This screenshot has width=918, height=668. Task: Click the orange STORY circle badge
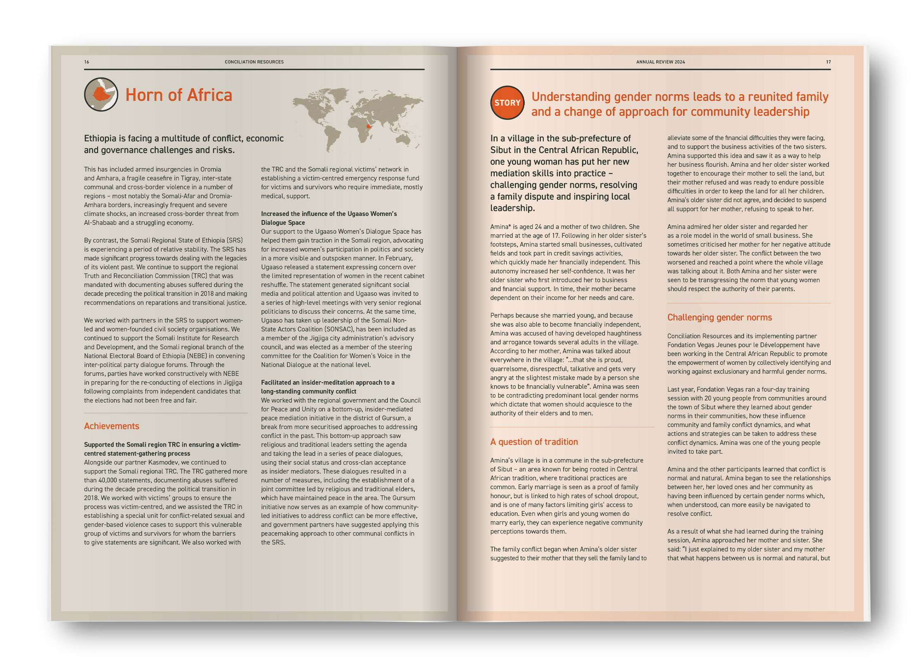coord(507,103)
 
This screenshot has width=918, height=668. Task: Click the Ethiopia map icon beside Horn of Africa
coord(101,94)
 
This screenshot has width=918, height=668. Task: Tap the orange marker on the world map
coord(368,126)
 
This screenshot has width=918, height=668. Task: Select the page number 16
coord(87,62)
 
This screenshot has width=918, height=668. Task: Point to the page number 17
coord(828,62)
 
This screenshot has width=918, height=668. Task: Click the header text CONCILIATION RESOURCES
coord(254,62)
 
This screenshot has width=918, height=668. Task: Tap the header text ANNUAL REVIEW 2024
coord(660,62)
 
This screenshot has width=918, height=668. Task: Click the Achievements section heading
coord(112,426)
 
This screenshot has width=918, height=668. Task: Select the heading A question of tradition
coord(534,441)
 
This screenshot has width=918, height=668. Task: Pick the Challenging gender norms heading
coord(719,317)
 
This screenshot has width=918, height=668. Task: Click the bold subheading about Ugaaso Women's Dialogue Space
coord(329,218)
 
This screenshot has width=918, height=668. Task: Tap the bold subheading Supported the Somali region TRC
coord(162,448)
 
